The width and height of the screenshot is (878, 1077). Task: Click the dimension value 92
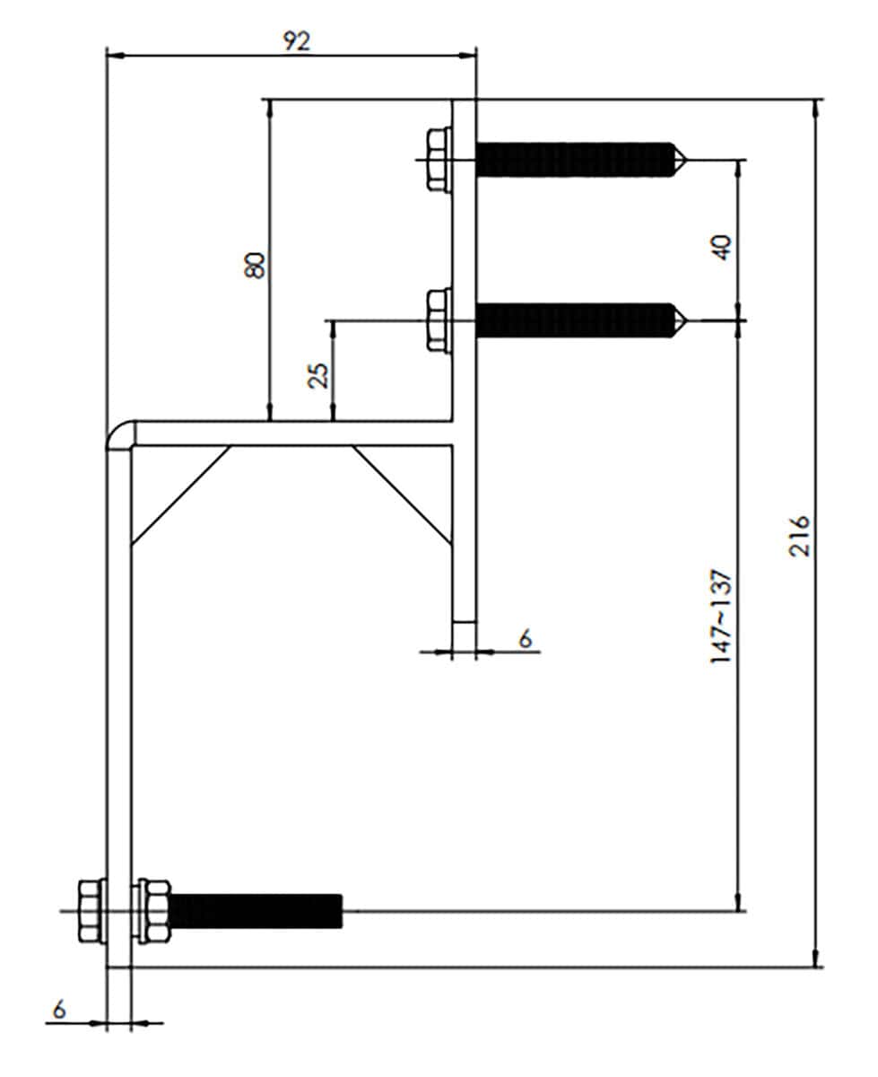297,41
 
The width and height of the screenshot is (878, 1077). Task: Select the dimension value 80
255,265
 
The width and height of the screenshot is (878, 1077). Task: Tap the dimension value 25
319,375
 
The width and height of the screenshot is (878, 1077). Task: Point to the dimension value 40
723,248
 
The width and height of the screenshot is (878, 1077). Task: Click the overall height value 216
799,536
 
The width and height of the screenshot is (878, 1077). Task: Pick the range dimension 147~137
721,616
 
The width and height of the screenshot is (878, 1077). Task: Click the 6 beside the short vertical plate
525,638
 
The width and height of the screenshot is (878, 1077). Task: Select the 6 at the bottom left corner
59,1010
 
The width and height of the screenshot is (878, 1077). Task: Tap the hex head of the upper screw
438,160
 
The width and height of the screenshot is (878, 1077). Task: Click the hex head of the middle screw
438,320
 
